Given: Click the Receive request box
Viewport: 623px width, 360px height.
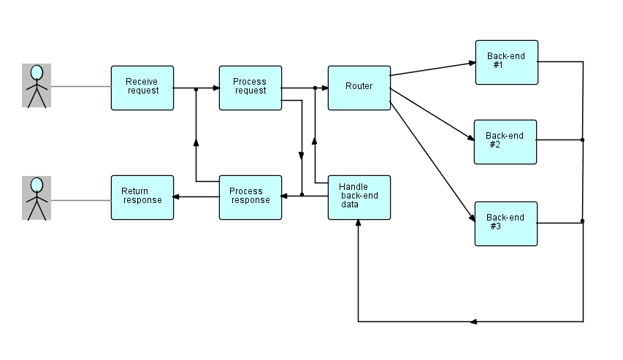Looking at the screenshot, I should pyautogui.click(x=142, y=88).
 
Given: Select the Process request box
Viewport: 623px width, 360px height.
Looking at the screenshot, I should pyautogui.click(x=251, y=88).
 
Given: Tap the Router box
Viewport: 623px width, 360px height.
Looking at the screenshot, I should pyautogui.click(x=359, y=88).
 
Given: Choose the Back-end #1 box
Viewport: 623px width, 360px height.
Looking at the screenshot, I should pyautogui.click(x=506, y=62).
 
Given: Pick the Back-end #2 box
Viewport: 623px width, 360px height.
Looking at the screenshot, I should pyautogui.click(x=505, y=142).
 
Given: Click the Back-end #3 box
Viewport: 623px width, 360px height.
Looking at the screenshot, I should pyautogui.click(x=505, y=223).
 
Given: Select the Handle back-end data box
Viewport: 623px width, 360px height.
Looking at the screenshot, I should pyautogui.click(x=359, y=197).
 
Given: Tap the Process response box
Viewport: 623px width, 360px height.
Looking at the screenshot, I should pyautogui.click(x=251, y=197).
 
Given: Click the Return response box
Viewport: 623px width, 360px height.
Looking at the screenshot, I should pyautogui.click(x=142, y=197).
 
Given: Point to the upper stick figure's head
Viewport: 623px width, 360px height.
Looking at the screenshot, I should pyautogui.click(x=37, y=72).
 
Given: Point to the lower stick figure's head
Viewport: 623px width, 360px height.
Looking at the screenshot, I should pyautogui.click(x=37, y=184).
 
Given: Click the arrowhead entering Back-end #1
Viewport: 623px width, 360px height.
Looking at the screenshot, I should pyautogui.click(x=471, y=64).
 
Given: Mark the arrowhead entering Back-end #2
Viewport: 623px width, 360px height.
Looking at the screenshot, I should pyautogui.click(x=470, y=139).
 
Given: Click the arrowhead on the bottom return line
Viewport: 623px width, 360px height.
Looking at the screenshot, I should pyautogui.click(x=474, y=321).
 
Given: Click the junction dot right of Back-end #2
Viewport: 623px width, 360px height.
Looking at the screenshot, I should pyautogui.click(x=582, y=139).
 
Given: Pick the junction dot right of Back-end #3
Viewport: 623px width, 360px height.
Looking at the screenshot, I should pyautogui.click(x=582, y=221).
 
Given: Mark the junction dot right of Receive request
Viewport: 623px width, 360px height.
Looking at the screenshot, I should pyautogui.click(x=196, y=88).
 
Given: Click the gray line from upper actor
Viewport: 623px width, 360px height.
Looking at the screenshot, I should pyautogui.click(x=80, y=87).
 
